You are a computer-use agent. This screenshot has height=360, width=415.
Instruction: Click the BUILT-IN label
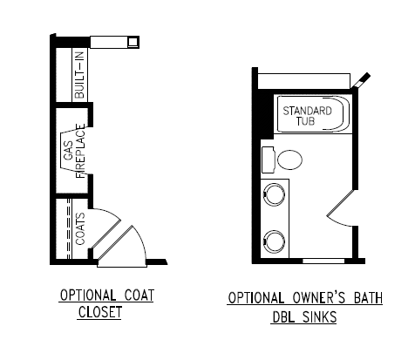coord(79,75)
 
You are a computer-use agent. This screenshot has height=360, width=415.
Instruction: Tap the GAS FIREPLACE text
coord(75,151)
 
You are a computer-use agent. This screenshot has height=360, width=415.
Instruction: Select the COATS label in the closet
coord(80,229)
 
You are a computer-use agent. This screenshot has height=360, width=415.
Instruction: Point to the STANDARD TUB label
coord(307,116)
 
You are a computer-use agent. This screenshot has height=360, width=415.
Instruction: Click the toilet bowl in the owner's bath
coord(289,160)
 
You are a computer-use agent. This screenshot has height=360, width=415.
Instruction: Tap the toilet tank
coord(269,160)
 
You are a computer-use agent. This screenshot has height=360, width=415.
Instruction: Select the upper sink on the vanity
coord(274,194)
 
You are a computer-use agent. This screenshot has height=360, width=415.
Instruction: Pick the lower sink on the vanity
coord(274,241)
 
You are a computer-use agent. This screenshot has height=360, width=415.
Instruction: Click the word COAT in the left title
coord(139,295)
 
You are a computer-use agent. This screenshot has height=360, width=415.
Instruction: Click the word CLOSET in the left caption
coord(99,312)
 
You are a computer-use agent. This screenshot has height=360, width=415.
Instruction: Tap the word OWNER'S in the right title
coord(319,298)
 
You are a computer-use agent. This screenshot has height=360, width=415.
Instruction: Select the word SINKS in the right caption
coord(319,317)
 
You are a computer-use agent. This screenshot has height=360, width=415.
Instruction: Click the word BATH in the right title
coord(368,298)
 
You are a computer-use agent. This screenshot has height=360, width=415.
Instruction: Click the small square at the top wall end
coord(133,42)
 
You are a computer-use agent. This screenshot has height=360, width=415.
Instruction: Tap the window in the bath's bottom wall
coord(323,261)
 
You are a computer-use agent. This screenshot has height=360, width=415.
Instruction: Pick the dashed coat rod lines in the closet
coord(69,228)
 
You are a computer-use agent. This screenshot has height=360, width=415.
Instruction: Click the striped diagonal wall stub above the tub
coord(361,80)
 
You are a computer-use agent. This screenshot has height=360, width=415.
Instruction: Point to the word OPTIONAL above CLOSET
coord(88,295)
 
